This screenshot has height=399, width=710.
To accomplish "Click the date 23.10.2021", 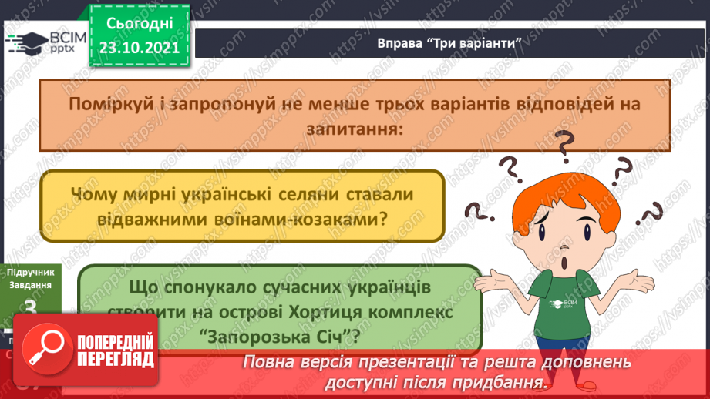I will coord(139,46).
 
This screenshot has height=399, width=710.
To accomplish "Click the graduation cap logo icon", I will coord(25,43).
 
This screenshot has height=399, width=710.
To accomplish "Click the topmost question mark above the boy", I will coord(566,143).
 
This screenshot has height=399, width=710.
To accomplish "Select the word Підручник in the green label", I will coord(32,272).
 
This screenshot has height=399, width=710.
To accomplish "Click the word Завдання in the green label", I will coord(32,284).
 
